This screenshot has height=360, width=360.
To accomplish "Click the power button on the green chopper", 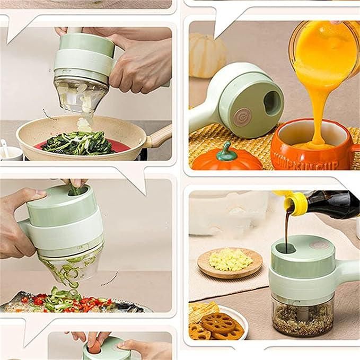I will pyautogui.click(x=242, y=116).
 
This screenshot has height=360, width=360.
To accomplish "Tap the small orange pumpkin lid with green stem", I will pyautogui.click(x=226, y=158).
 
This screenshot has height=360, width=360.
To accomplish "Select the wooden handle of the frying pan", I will pyautogui.click(x=159, y=137).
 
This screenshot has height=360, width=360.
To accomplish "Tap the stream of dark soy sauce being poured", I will pyautogui.click(x=287, y=228).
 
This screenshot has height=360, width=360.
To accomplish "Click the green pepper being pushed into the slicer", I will pyautogui.click(x=77, y=188).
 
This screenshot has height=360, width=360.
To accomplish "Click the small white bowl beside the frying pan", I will pyautogui.click(x=9, y=152).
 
